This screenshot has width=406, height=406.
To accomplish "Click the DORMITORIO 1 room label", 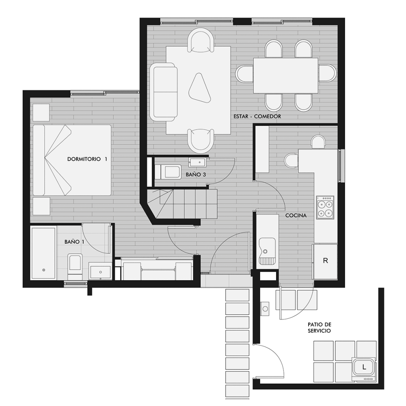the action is point(87,159).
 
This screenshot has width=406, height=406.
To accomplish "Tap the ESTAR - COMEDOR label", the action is point(257,116).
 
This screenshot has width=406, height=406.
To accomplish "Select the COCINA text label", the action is point(296,216).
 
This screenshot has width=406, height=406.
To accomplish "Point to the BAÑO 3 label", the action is point(196,175).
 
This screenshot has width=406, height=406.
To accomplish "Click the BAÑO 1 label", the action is point(74,242).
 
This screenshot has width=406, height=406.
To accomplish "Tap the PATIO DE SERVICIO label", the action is point(319,328).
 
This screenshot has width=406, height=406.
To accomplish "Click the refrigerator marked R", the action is point(325,261).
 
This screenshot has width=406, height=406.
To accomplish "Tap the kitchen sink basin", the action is point(267,251).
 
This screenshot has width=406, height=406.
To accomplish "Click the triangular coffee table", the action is point(199,88).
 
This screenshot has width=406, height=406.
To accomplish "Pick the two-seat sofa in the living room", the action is point(164,92).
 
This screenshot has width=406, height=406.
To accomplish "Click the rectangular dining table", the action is point(285,76).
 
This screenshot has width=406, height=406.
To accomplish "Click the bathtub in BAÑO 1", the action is point(43,253).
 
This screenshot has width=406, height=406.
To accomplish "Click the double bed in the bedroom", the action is point(72,160).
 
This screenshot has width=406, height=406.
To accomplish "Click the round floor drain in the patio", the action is point(265,309).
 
